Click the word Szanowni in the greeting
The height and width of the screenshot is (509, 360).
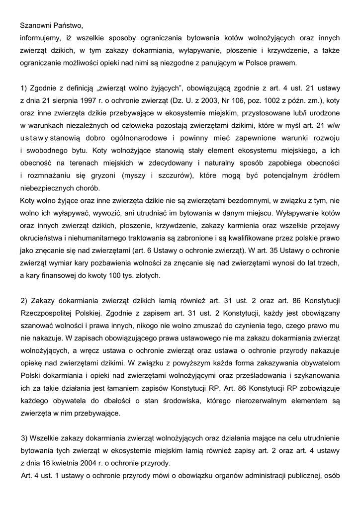36,24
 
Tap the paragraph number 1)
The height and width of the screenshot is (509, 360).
25,88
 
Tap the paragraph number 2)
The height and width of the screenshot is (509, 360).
25,301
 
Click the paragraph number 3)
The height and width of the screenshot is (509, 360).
25,438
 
